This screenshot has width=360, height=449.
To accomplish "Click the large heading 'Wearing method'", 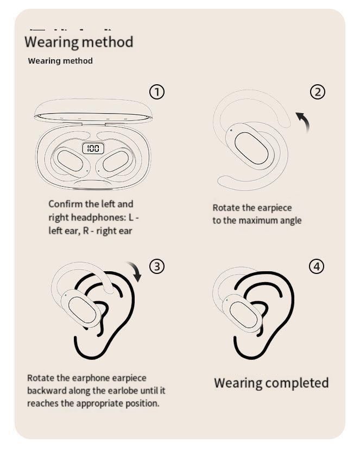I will click(x=79, y=42).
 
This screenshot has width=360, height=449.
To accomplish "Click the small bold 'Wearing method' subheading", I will click(x=60, y=61).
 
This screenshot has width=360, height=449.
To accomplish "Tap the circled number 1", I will click(x=157, y=92).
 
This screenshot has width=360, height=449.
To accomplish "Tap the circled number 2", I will click(x=318, y=92).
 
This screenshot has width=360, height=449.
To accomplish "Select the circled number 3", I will click(x=157, y=266).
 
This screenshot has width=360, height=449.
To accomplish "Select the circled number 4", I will click(x=317, y=266).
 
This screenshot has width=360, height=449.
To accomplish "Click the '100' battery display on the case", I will click(x=93, y=148).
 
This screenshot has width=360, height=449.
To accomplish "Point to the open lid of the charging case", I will click(x=93, y=110).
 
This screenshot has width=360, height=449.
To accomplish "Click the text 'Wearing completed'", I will click(x=271, y=383).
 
